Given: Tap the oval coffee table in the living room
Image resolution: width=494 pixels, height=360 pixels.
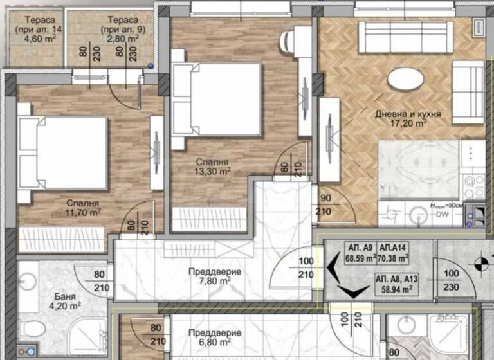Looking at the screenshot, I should [405, 80].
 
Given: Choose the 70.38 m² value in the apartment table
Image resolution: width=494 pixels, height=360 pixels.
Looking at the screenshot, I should [395, 259].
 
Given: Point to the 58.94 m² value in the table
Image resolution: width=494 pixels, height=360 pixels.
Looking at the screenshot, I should [395, 290].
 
